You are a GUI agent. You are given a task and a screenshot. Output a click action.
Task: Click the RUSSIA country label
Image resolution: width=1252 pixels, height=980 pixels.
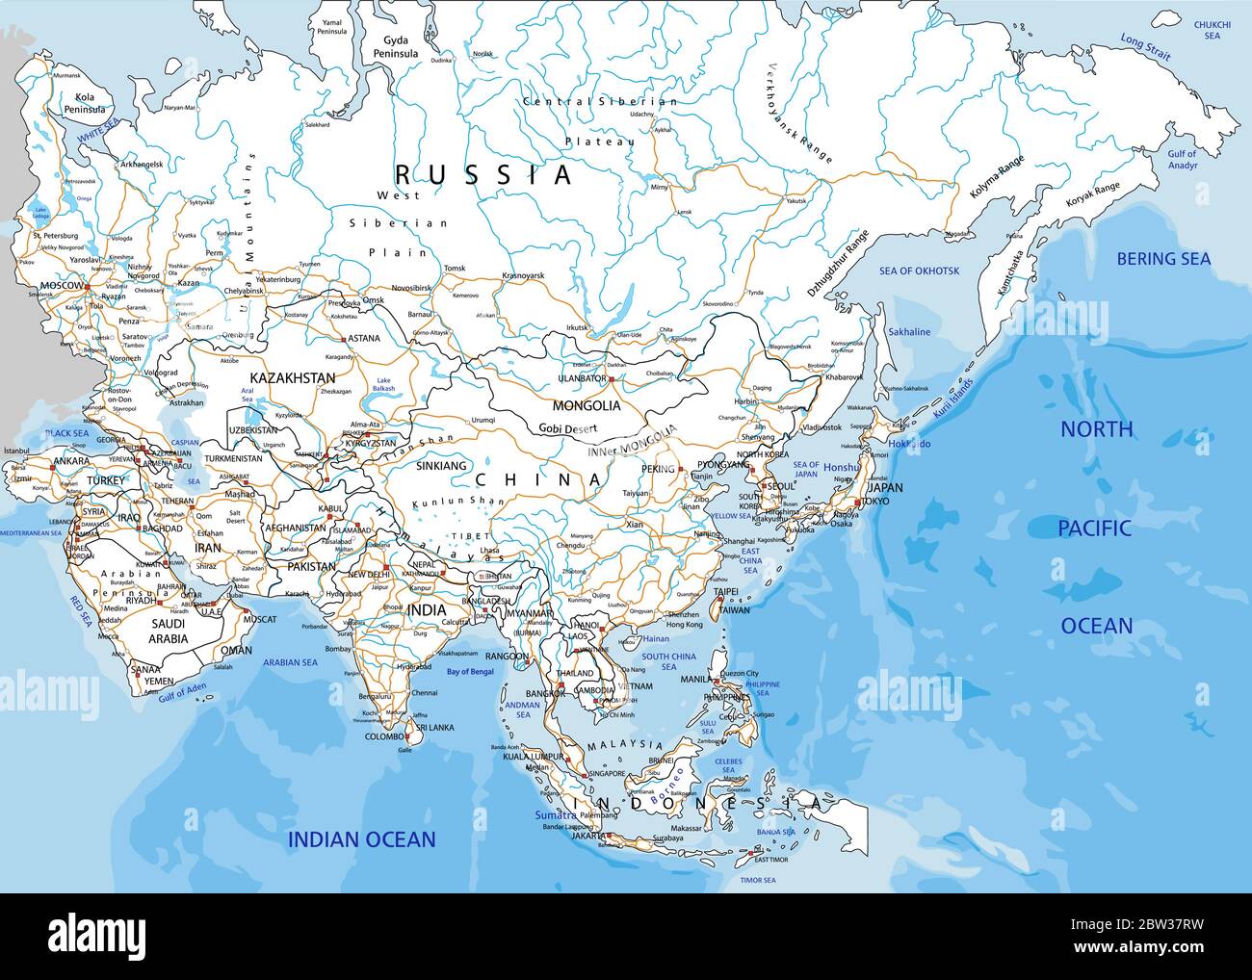point(484,174)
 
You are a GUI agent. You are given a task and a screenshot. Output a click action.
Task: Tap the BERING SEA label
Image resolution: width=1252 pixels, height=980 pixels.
point(1163,258)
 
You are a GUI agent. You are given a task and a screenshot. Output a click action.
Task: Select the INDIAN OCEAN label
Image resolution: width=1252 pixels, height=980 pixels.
point(361,839)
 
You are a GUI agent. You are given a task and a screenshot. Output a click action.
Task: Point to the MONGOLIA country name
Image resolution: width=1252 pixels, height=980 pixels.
point(586,405)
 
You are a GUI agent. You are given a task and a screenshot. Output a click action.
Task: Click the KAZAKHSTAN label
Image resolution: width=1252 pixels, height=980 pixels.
point(292,378)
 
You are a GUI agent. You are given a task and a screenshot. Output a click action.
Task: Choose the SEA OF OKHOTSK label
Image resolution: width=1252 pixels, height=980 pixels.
point(919,271)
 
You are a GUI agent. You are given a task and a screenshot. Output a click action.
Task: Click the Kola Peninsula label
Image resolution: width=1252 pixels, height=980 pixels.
point(84,103)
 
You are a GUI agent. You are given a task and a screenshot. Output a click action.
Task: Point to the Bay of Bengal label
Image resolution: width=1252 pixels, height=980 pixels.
point(469,671)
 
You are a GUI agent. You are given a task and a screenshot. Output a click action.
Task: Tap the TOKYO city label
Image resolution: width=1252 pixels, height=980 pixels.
point(874,502)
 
